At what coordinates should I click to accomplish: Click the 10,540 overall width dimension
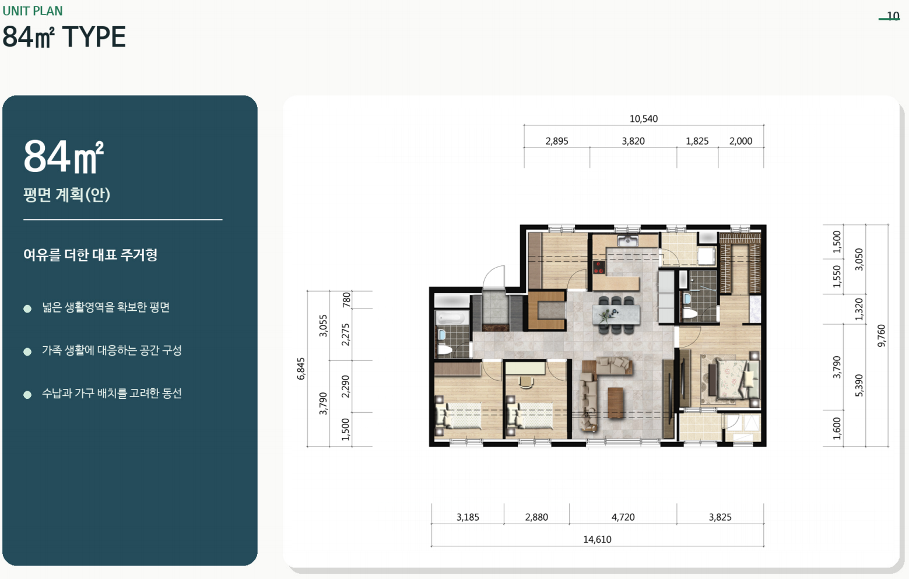pos(644,119)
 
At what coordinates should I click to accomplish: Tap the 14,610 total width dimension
pos(597,539)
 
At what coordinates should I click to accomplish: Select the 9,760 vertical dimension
pos(881,335)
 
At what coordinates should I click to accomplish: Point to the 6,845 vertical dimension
pos(301,369)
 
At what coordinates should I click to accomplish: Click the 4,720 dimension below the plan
pos(623,517)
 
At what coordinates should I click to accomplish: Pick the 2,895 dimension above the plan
pos(557,141)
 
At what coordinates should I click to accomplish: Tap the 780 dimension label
pos(346,300)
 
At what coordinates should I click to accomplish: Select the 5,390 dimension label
pos(859,385)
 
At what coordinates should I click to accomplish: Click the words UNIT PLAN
pos(33,11)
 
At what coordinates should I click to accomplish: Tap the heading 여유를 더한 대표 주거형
pos(90,255)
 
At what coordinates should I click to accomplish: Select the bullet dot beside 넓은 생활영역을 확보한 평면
pos(27,309)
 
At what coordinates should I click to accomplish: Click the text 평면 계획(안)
pos(67,194)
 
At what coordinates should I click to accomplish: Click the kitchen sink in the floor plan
pos(628,241)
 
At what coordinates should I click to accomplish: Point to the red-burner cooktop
pos(599,268)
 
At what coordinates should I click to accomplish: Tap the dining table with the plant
pos(616,314)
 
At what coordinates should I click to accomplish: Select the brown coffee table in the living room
pos(616,402)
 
